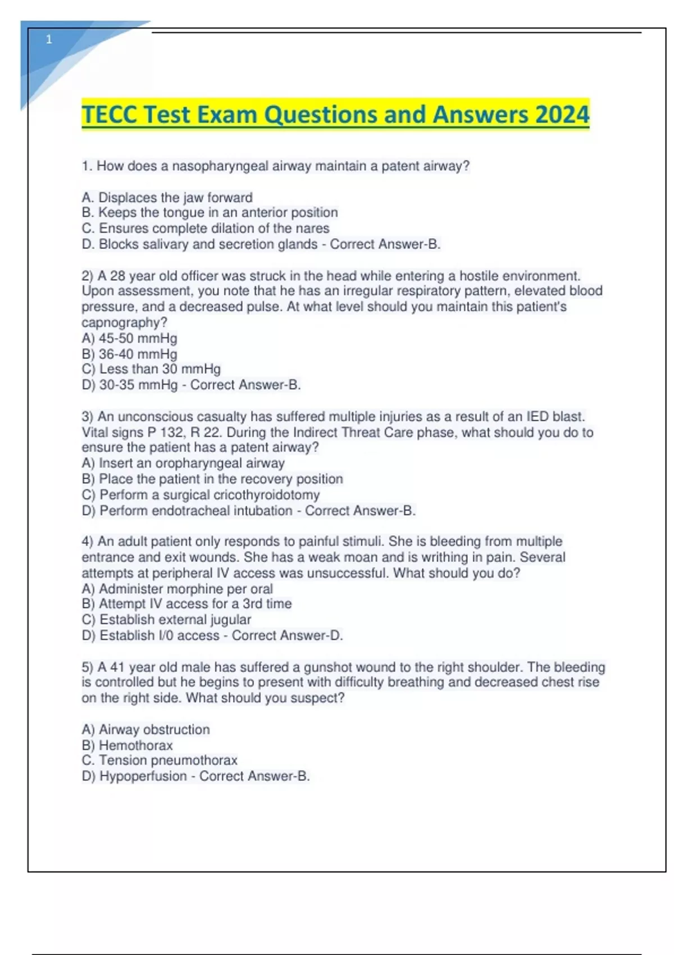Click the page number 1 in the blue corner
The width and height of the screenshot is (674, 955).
tap(49, 39)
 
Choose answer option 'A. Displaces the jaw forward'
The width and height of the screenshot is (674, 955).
tap(167, 198)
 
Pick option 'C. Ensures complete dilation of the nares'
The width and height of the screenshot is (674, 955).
tap(205, 229)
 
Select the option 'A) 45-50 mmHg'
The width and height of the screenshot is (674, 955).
tap(129, 338)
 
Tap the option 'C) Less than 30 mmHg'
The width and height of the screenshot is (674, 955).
tap(151, 369)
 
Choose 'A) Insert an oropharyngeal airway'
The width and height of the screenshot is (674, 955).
tap(183, 463)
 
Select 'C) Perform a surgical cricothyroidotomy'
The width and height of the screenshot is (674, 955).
tap(201, 495)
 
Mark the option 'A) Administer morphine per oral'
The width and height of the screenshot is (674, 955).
tap(177, 589)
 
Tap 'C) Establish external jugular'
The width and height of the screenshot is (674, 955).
tap(166, 620)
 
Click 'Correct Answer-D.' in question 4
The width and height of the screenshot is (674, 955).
tap(287, 635)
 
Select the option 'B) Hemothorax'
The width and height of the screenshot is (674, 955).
tap(127, 745)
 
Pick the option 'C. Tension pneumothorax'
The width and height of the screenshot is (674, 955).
tap(160, 760)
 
